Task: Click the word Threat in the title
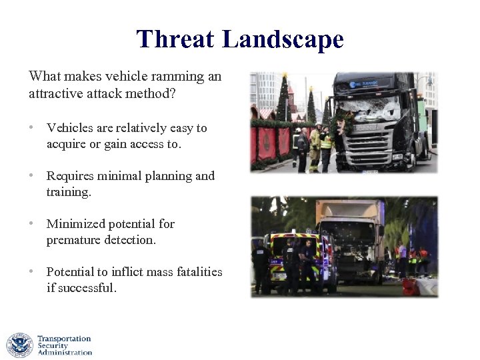pos(175,39)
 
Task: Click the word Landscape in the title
pos(283,39)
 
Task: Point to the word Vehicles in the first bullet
pos(71,128)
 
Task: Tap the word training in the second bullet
pos(67,192)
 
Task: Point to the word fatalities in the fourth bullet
pos(197,272)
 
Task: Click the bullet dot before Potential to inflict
pos(32,272)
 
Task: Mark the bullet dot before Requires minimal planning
pos(32,176)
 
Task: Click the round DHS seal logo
pos(19,345)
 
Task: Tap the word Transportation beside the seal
pos(64,339)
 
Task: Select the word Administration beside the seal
pos(65,353)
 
